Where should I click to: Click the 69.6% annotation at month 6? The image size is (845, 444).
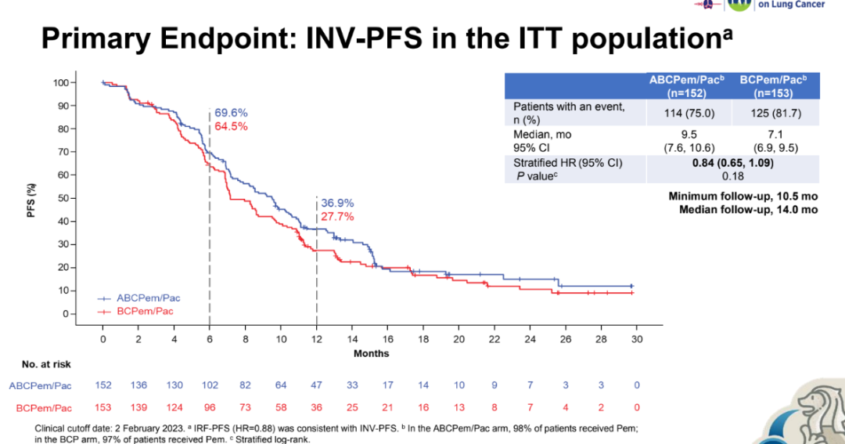[232, 113]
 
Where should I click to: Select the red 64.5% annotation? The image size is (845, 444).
[232, 126]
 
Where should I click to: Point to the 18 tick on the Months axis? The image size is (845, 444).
[423, 339]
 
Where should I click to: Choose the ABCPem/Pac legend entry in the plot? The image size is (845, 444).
[148, 298]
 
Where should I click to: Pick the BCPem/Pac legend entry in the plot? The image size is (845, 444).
[145, 311]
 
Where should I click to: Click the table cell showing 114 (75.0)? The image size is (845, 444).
[678, 112]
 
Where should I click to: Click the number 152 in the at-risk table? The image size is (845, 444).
[102, 385]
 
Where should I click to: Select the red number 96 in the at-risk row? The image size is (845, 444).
[210, 408]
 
